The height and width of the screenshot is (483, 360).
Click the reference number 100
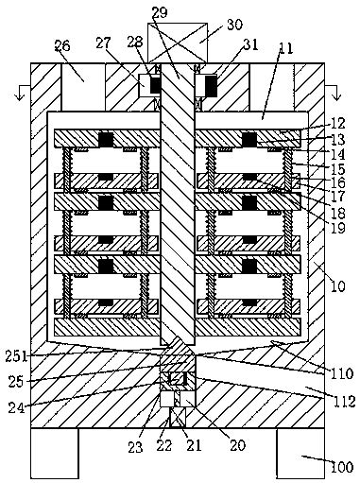click(x=341, y=466)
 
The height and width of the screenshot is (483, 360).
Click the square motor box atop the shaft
click(x=176, y=40)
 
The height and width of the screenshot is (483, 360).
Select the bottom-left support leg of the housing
click(x=54, y=453)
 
